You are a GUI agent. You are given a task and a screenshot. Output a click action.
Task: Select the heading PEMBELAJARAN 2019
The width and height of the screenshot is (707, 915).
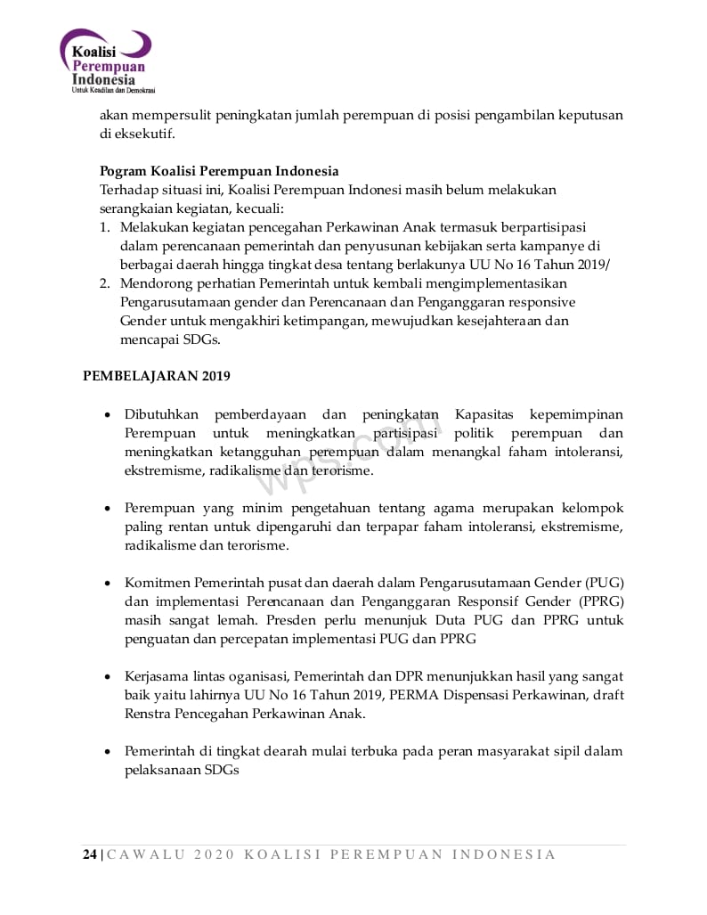point(156,376)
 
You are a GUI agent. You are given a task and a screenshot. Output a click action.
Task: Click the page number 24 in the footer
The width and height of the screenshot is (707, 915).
point(90,854)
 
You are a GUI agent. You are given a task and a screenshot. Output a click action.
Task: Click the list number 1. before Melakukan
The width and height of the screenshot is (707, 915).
point(104,226)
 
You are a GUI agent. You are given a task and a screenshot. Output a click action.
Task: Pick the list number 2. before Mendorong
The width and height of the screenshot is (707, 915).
point(104,282)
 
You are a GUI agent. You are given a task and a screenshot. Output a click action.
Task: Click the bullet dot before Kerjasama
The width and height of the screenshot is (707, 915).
point(108,677)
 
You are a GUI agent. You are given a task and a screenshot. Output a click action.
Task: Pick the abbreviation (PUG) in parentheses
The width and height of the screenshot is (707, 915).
point(603,583)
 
